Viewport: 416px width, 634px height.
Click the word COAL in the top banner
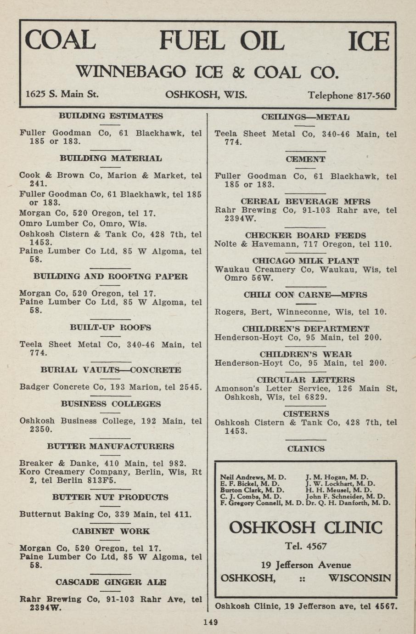60,40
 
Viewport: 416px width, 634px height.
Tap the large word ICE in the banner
368,41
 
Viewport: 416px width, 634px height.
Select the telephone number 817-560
373,96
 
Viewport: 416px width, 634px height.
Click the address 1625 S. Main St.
62,94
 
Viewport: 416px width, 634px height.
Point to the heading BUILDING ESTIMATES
111,116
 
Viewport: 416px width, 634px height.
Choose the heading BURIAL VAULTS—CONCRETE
111,370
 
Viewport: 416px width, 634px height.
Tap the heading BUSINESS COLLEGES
111,404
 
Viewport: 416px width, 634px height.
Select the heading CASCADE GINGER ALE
111,582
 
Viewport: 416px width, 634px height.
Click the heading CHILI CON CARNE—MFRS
305,295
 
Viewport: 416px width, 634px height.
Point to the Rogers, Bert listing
301,312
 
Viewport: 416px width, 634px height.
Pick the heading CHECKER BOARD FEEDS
305,235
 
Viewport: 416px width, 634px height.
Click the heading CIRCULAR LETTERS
305,380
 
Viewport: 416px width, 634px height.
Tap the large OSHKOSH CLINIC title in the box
305,527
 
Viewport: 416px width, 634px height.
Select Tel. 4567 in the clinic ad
305,546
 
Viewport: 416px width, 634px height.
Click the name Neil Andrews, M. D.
253,477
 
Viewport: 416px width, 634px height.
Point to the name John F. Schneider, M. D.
345,496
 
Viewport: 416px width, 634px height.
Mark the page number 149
210,623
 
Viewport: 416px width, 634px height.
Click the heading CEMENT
305,159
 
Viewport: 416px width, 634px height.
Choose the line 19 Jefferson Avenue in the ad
305,565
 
